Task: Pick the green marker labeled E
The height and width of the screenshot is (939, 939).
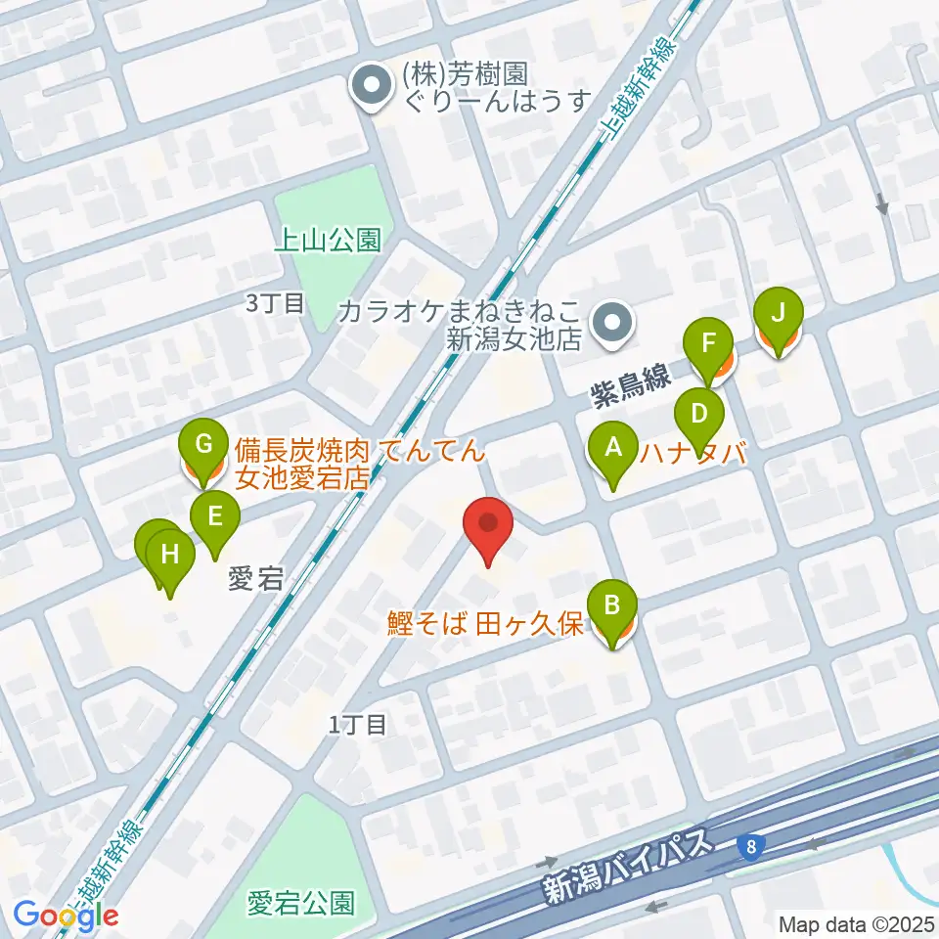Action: [x=216, y=515]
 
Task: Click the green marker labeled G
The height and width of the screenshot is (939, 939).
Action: [x=203, y=447]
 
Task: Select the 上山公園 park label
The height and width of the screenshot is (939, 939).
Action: [x=327, y=240]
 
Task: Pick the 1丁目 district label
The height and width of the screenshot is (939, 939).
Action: [x=358, y=725]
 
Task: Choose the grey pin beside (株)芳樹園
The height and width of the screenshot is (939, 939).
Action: [x=372, y=86]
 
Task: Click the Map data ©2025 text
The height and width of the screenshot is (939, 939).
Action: [x=857, y=923]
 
